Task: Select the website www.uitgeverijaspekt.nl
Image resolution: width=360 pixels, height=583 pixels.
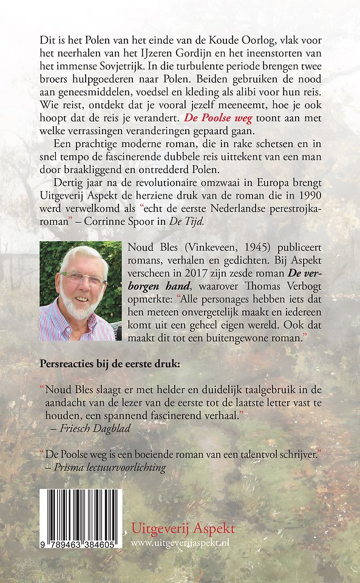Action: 183,542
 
